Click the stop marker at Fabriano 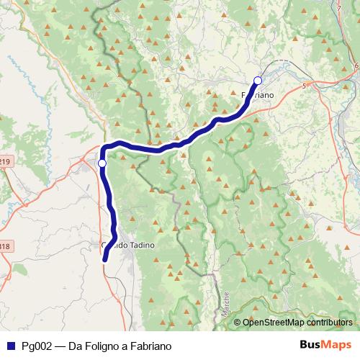click(258, 80)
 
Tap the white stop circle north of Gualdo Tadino click(102, 163)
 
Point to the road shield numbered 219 click(4, 163)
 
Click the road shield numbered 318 click(4, 246)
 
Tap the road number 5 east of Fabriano click(305, 86)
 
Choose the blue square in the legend click(11, 345)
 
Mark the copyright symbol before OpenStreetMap click(238, 323)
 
